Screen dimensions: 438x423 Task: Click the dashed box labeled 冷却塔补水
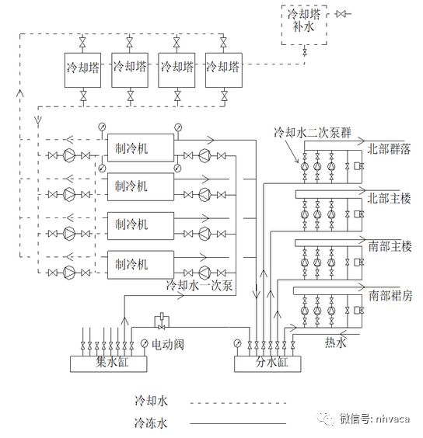[x=305, y=26]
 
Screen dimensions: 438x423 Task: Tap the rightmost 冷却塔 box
[x=224, y=68]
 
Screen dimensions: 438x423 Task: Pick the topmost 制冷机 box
[x=137, y=147]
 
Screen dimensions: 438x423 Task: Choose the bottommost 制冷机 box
[x=137, y=264]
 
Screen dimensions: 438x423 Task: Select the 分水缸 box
[x=268, y=361]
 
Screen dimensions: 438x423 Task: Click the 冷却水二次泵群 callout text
[x=311, y=132]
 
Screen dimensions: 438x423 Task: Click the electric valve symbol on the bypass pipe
[x=160, y=319]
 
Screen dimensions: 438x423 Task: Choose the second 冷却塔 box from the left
[x=131, y=68]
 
